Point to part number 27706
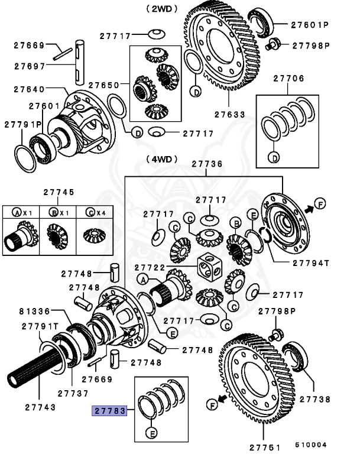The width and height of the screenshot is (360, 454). click(x=288, y=77)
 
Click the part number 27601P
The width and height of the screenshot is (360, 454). click(x=309, y=25)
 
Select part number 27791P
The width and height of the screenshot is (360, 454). click(x=23, y=125)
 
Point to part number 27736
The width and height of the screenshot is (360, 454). click(x=207, y=164)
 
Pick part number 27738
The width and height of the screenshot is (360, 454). click(x=314, y=400)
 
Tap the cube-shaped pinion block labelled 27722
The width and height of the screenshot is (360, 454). click(x=210, y=268)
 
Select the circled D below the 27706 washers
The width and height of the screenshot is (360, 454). click(x=274, y=157)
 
